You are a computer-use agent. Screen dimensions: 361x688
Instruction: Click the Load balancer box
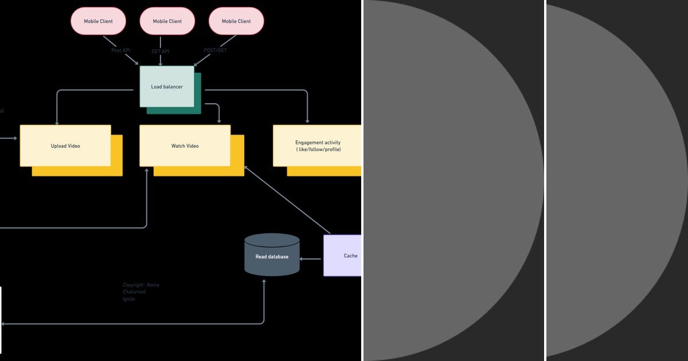tap(167, 87)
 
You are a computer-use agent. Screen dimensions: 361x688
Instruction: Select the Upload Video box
tap(65, 146)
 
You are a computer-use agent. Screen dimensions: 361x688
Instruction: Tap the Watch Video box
tap(185, 146)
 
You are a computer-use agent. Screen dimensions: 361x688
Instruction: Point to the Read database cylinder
tap(272, 256)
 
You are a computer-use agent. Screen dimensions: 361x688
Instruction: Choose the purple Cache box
tap(343, 256)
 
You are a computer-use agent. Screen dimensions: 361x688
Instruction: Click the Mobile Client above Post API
tap(98, 21)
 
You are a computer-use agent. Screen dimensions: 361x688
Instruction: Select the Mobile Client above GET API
tap(167, 21)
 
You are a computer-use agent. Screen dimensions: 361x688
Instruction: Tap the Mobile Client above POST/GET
tap(236, 21)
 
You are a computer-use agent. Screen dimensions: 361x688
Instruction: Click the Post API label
tap(120, 50)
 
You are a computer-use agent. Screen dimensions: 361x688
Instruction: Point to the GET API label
tap(160, 51)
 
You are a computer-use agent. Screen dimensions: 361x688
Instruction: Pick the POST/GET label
tap(215, 50)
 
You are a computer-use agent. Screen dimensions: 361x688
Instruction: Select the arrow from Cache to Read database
tap(311, 259)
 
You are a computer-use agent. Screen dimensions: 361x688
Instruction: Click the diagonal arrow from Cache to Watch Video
tap(287, 200)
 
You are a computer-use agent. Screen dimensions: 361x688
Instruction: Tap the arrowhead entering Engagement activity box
tap(308, 121)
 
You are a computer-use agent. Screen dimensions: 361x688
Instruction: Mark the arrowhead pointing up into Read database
tap(264, 282)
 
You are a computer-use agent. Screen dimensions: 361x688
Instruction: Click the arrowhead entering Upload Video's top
tap(57, 121)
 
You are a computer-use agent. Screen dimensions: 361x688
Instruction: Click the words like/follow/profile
tap(319, 150)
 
